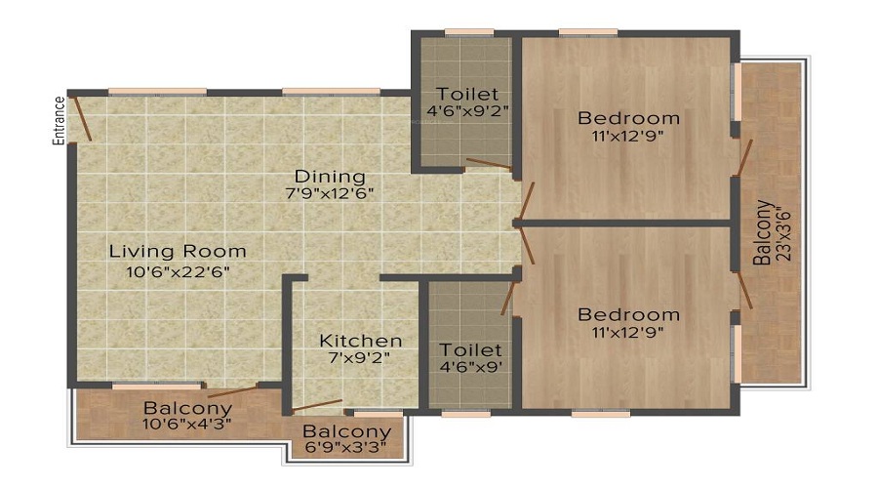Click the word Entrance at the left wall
[x=60, y=121]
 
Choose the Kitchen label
[x=361, y=341]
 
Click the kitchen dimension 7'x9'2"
[x=361, y=358]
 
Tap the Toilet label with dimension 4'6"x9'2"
[x=467, y=94]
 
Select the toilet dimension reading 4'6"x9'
[x=470, y=367]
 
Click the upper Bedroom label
[x=629, y=119]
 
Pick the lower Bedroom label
[x=629, y=315]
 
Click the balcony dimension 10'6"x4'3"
[x=187, y=425]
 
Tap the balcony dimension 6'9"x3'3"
[x=346, y=449]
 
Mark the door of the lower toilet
[x=508, y=297]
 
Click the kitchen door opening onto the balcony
[x=316, y=405]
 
